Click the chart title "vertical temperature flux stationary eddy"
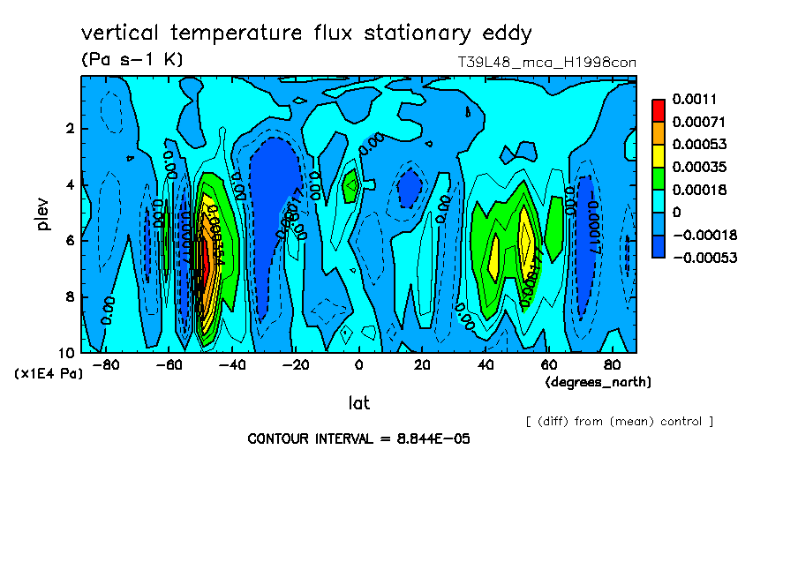click(x=306, y=34)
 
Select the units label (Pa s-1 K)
click(x=132, y=60)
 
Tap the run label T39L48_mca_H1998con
click(x=546, y=62)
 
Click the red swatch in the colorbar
click(x=659, y=109)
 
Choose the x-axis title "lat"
click(x=358, y=403)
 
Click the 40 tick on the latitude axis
click(x=485, y=364)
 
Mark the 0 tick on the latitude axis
click(x=358, y=364)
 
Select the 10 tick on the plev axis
click(x=68, y=352)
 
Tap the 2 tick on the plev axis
click(x=70, y=129)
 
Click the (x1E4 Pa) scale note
click(x=49, y=373)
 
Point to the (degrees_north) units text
click(x=598, y=381)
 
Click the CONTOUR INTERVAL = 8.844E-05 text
click(x=358, y=438)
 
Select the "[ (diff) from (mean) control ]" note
click(x=619, y=421)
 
